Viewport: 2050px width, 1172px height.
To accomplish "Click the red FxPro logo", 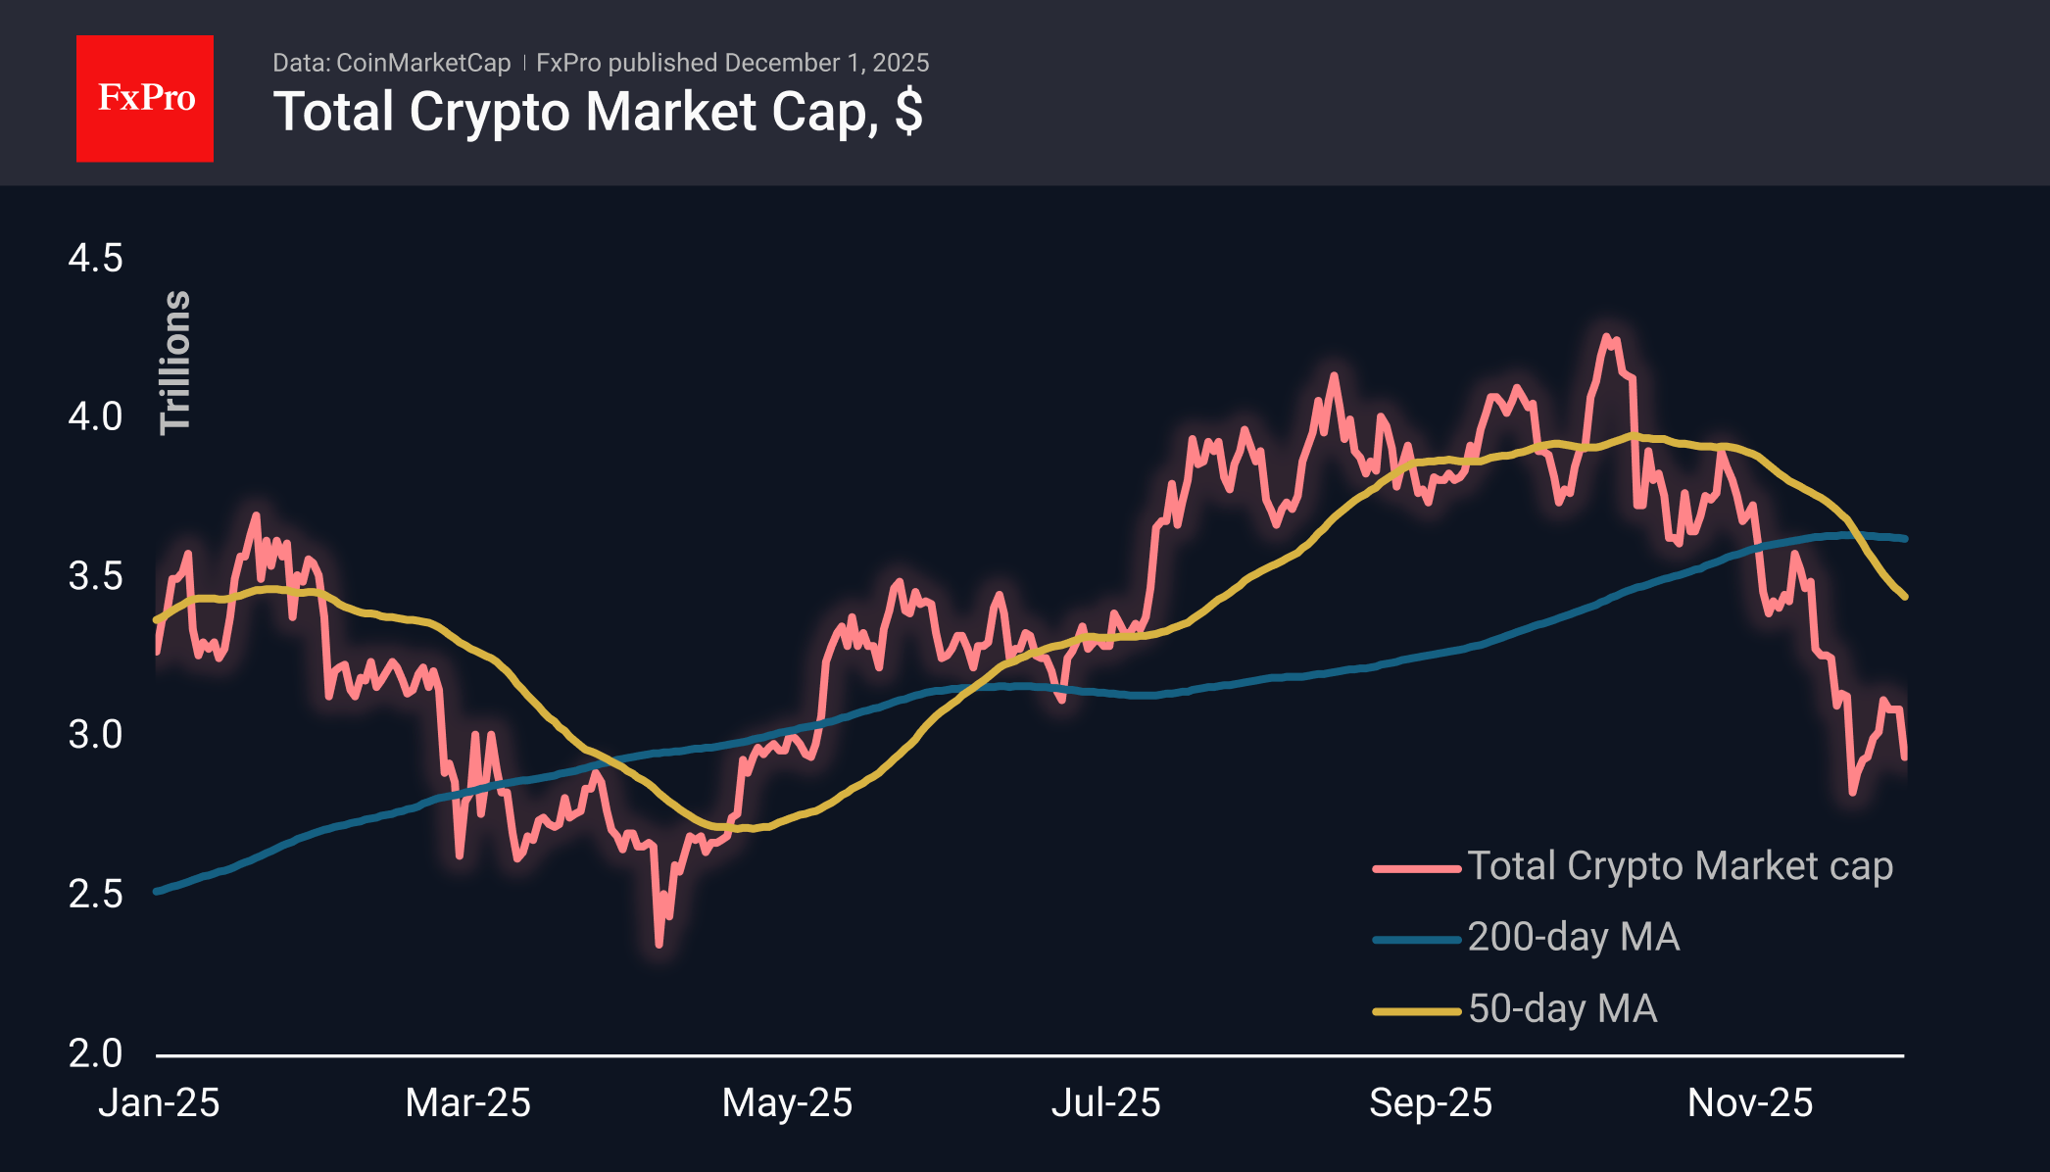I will point(145,98).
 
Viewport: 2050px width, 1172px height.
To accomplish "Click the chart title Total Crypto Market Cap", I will point(598,112).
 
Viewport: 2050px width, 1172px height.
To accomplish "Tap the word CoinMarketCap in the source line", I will point(423,63).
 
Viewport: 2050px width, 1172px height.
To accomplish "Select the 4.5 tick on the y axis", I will point(95,259).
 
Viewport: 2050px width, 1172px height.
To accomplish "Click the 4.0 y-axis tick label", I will point(95,416).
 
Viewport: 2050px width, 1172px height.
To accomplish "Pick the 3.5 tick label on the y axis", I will point(95,576).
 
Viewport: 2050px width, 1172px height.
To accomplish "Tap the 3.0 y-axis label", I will point(95,735).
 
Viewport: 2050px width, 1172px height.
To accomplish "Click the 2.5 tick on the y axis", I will point(95,894).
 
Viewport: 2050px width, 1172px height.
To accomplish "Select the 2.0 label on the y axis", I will point(95,1053).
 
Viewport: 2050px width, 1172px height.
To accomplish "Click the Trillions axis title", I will point(175,363).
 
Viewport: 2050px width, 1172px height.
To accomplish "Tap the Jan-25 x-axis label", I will point(159,1103).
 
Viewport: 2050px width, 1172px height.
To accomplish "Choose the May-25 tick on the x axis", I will point(787,1103).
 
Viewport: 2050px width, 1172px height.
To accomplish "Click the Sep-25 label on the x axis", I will point(1430,1103).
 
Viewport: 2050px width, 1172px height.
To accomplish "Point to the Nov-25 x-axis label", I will point(1749,1103).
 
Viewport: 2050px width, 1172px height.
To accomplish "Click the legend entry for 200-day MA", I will point(1573,937).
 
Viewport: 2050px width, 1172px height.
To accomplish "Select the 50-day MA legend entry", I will point(1562,1008).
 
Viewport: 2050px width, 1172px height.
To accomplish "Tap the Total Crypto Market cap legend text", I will point(1680,866).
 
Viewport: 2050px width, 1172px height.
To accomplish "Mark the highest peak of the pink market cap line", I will point(1607,337).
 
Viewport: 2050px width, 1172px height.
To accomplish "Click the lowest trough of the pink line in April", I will point(659,944).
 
